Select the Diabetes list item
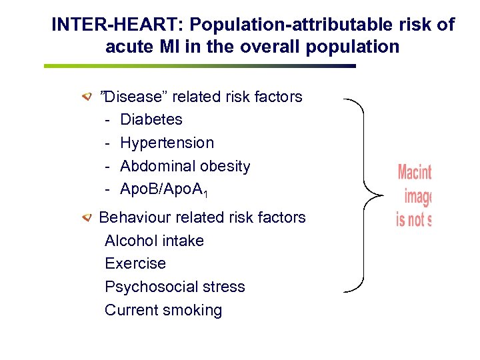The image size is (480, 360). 151,120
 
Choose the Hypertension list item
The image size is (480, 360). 167,143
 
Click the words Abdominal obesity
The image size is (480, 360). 185,166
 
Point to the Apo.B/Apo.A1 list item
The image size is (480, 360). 163,189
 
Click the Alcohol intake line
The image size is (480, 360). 154,241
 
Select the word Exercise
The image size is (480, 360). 135,264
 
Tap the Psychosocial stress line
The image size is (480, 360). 175,287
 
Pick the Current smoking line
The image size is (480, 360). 163,311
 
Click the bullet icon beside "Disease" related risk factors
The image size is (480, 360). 87,97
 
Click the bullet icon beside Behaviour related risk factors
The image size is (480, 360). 87,218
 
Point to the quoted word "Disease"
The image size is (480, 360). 132,97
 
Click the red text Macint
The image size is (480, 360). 414,173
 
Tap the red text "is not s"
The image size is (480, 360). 413,219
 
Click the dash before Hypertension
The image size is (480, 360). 107,143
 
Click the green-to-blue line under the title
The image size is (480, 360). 200,66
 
